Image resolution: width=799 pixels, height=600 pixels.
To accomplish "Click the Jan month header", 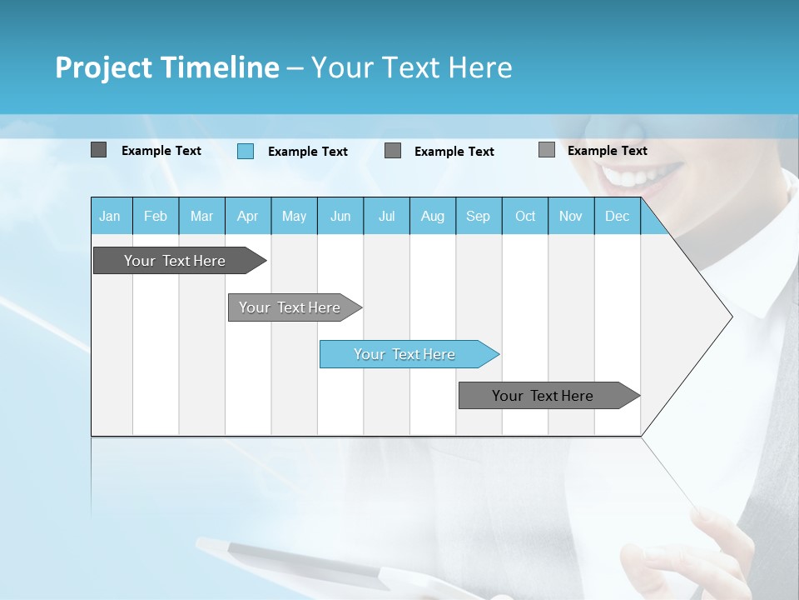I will click(x=110, y=217).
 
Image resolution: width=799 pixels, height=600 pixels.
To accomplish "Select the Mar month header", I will click(x=201, y=217).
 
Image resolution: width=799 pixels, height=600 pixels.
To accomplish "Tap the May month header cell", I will click(x=294, y=217).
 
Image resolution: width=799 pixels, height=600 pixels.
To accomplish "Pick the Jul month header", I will click(x=386, y=217).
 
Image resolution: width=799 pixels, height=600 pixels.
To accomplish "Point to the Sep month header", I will click(x=478, y=217).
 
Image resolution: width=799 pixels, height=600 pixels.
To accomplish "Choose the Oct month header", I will click(x=525, y=217).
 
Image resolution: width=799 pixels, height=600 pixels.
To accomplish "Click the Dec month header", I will click(x=617, y=217).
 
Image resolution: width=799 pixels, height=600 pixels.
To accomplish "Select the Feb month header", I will click(x=156, y=217).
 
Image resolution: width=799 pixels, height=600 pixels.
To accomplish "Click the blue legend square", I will click(x=246, y=151).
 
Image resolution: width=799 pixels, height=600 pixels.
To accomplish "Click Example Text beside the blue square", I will click(x=308, y=152).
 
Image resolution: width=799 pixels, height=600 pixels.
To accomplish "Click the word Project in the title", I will click(x=102, y=67).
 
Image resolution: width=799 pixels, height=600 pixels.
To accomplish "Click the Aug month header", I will click(x=432, y=217).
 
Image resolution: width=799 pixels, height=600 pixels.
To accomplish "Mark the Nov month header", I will click(x=570, y=217).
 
